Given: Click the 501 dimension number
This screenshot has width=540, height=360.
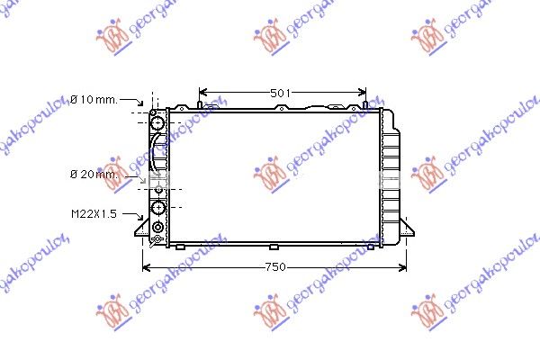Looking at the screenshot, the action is [x=280, y=94].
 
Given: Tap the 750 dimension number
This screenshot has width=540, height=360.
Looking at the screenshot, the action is [x=275, y=267].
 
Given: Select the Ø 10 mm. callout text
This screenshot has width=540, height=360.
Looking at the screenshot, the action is [x=94, y=100].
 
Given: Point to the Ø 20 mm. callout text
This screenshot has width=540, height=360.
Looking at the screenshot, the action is [x=94, y=175].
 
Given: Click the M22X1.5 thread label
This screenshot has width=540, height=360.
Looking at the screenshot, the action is [x=94, y=214].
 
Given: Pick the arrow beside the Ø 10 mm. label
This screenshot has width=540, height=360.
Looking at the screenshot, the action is [x=131, y=102].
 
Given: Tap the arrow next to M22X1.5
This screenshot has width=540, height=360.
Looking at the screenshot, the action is [x=133, y=216].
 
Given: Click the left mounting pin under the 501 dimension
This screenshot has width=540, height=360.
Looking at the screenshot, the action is [x=199, y=104].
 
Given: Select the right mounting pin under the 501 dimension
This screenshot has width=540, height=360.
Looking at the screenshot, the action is [x=365, y=104].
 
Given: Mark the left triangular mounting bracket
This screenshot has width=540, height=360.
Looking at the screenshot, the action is [x=143, y=229].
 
